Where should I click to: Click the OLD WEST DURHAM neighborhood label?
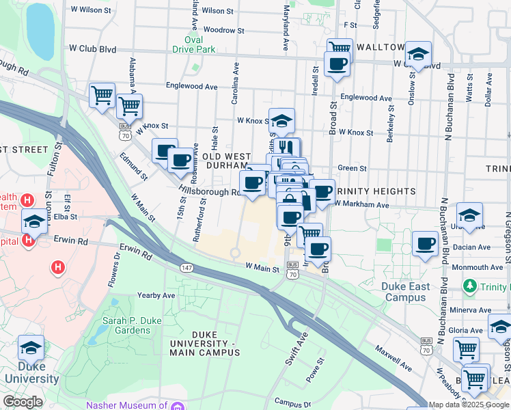pyautogui.click(x=225, y=161)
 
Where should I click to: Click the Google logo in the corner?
pyautogui.click(x=23, y=402)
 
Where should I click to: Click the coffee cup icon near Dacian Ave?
pyautogui.click(x=426, y=243)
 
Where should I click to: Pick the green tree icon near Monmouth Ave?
pyautogui.click(x=469, y=284)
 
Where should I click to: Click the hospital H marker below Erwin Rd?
pyautogui.click(x=57, y=266)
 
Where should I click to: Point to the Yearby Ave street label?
pyautogui.click(x=156, y=295)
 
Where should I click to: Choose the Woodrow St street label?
pyautogui.click(x=219, y=30)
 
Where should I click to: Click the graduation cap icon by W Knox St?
pyautogui.click(x=281, y=120)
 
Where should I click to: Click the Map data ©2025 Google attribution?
pyautogui.click(x=469, y=405)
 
